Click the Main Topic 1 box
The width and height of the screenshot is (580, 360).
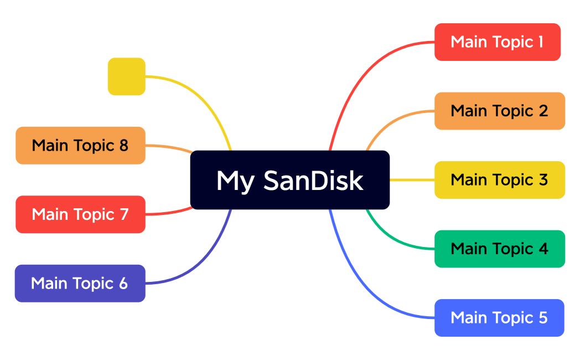click(x=497, y=42)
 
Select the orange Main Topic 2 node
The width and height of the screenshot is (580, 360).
click(x=499, y=111)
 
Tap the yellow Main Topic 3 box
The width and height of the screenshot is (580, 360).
click(x=499, y=180)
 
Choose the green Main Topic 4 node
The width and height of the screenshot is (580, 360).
click(x=499, y=249)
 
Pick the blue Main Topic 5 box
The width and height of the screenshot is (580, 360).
click(x=499, y=318)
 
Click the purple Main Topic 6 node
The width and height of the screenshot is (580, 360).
click(x=80, y=284)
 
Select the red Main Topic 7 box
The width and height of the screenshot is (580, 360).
click(x=80, y=214)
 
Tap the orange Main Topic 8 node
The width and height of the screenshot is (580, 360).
click(x=80, y=146)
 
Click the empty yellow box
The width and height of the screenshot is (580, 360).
click(x=126, y=76)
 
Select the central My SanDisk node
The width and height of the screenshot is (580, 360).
click(x=289, y=180)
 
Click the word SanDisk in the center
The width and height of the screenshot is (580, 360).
click(x=313, y=181)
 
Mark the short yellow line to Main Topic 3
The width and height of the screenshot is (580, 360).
click(x=412, y=180)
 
